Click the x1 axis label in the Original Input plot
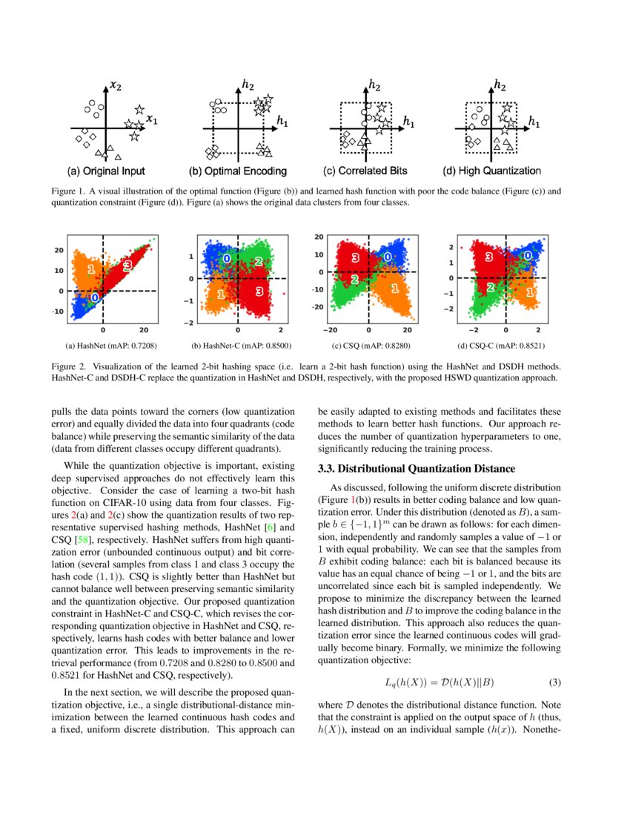pos(151,119)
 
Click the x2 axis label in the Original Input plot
pos(116,85)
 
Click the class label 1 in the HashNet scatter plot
pos(90,269)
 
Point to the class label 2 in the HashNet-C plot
pos(258,261)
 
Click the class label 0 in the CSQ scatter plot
pos(388,257)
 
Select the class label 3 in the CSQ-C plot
pos(489,257)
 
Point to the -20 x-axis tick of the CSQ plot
pos(331,330)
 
